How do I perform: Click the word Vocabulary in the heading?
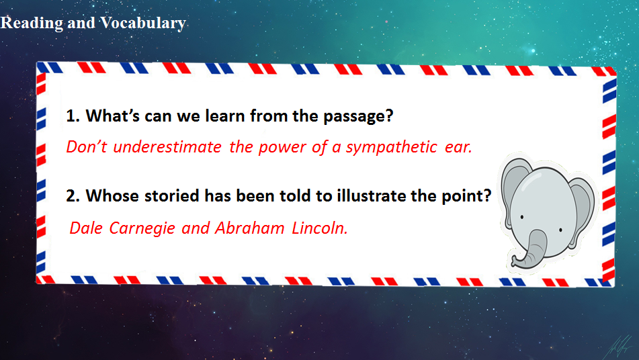click(143, 24)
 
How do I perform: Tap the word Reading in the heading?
click(32, 24)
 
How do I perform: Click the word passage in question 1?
click(358, 117)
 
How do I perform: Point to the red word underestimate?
click(167, 147)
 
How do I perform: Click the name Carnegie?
click(142, 229)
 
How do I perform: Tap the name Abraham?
click(249, 228)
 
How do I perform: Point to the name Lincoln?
click(320, 228)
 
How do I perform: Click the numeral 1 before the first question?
click(71, 116)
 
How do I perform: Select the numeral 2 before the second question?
click(71, 196)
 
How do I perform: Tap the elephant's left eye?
click(522, 217)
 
